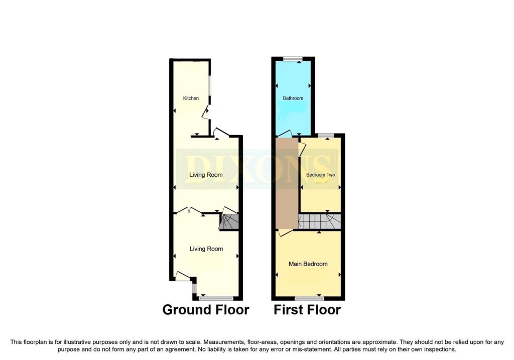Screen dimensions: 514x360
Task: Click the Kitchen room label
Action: [x=191, y=98]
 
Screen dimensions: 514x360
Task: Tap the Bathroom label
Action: [x=293, y=98]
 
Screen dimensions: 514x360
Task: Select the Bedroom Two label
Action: [x=321, y=175]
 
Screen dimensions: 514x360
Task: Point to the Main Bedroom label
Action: [x=308, y=264]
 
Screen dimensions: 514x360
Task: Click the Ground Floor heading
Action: [x=206, y=309]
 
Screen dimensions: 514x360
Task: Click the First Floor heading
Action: [x=307, y=309]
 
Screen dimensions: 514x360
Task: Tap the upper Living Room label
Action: [x=206, y=175]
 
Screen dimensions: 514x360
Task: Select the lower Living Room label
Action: [x=206, y=249]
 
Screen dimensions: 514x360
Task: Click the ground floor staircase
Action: [x=229, y=221]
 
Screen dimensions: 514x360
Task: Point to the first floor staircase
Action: [x=319, y=221]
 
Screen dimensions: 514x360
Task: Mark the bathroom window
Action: [x=293, y=59]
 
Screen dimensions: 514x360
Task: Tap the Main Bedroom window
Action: [x=309, y=298]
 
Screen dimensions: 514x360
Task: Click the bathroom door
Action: [x=284, y=134]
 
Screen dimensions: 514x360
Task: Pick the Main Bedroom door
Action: [x=285, y=233]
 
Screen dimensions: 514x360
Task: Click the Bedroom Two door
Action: [x=302, y=148]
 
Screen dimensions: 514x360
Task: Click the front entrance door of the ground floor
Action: [x=183, y=276]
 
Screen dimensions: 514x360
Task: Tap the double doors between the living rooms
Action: [x=191, y=210]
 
